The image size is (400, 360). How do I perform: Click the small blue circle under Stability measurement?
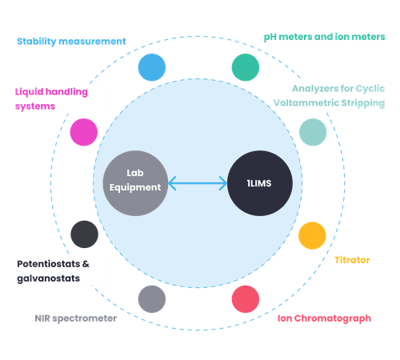[151, 67]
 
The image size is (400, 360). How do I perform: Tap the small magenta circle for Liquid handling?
[83, 131]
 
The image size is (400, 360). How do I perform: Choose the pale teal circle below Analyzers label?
[312, 131]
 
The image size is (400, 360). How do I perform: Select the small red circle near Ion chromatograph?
[245, 298]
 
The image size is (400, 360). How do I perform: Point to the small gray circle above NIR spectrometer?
[151, 298]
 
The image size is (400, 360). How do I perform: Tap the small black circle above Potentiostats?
[84, 234]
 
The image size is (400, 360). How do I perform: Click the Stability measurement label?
[71, 41]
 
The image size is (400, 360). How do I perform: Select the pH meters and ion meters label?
[324, 37]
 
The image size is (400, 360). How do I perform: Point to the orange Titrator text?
[352, 260]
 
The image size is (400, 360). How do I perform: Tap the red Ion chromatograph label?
[324, 318]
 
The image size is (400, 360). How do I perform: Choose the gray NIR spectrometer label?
[75, 318]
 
